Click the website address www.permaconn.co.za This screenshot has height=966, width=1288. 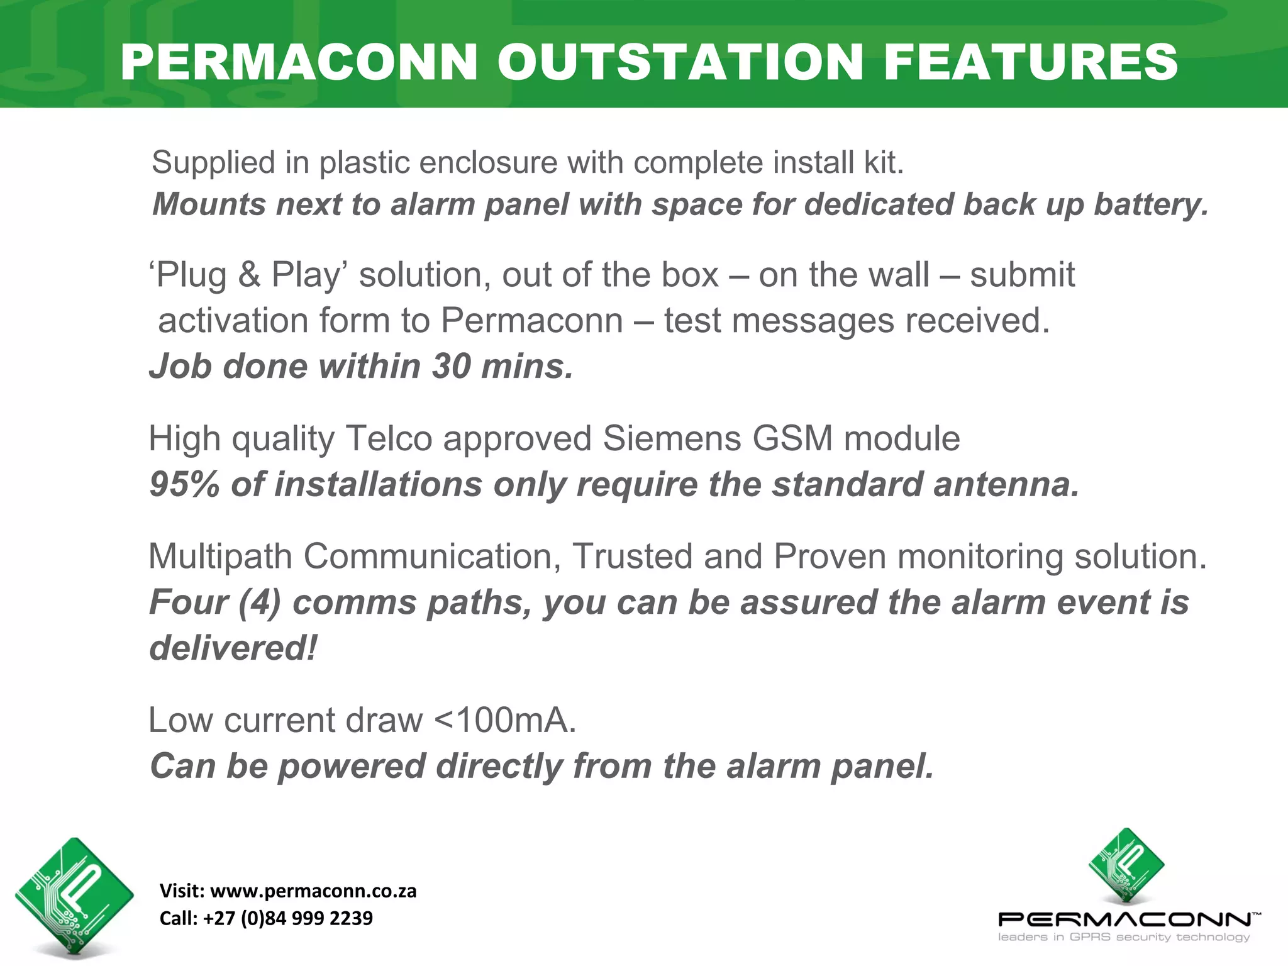313,891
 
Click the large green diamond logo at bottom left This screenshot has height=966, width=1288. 74,896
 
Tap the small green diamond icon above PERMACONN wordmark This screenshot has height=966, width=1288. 1126,867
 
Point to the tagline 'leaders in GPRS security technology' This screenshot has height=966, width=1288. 1123,937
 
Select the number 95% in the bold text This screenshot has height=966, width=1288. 184,485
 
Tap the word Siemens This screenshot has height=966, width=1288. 671,438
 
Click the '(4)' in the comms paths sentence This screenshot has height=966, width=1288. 259,602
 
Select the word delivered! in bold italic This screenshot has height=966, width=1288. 233,648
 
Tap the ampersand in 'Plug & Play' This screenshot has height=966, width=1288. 249,275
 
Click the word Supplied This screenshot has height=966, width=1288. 214,163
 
